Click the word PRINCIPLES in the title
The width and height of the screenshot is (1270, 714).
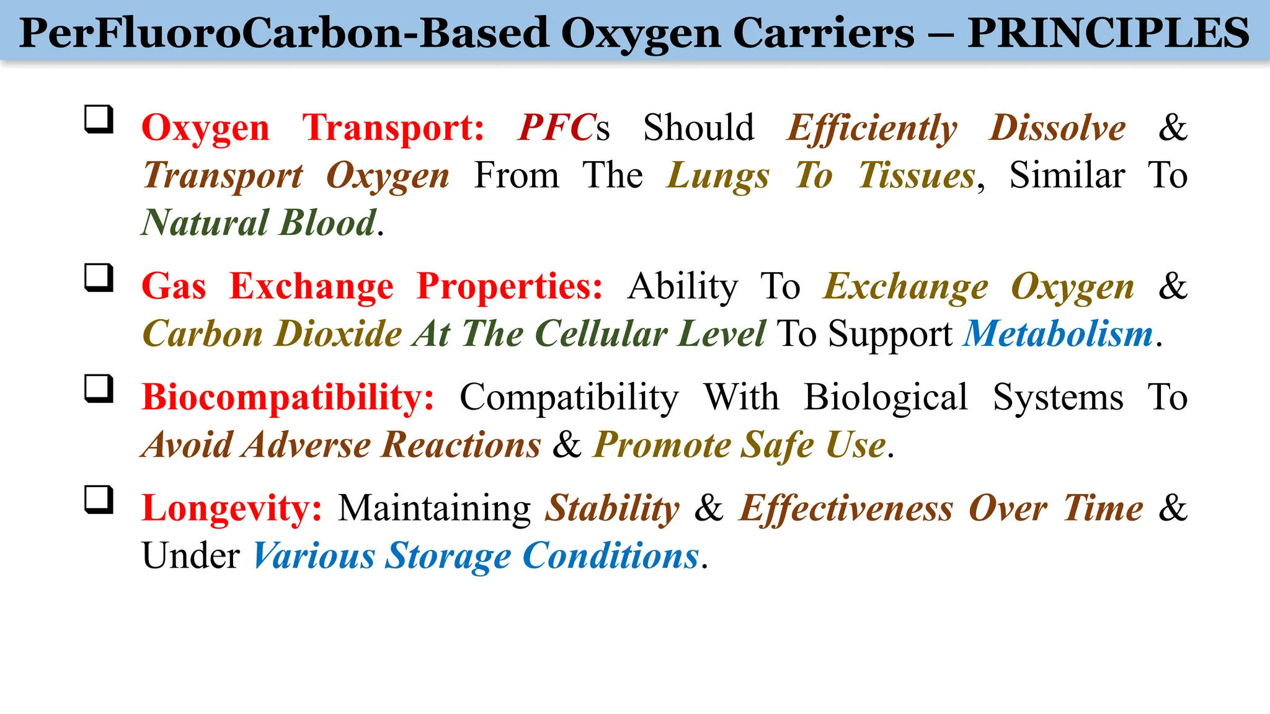pos(1108,32)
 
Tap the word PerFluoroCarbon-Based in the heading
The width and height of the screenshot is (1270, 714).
pos(284,32)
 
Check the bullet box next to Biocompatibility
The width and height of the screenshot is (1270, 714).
pos(99,389)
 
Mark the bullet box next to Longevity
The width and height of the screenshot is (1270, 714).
pos(99,500)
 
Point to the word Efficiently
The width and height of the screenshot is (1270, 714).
pos(872,129)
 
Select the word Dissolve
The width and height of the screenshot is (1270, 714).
pos(1057,128)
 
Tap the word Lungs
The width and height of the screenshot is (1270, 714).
pos(718,176)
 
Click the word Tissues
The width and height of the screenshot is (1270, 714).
pos(917,175)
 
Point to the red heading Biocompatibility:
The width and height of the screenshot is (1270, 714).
pos(288,397)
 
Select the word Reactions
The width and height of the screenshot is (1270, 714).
pos(461,445)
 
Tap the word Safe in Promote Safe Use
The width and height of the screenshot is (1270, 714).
pos(778,445)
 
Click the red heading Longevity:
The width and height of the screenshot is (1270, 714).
pos(232,509)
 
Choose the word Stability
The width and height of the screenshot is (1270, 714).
pos(612,509)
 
